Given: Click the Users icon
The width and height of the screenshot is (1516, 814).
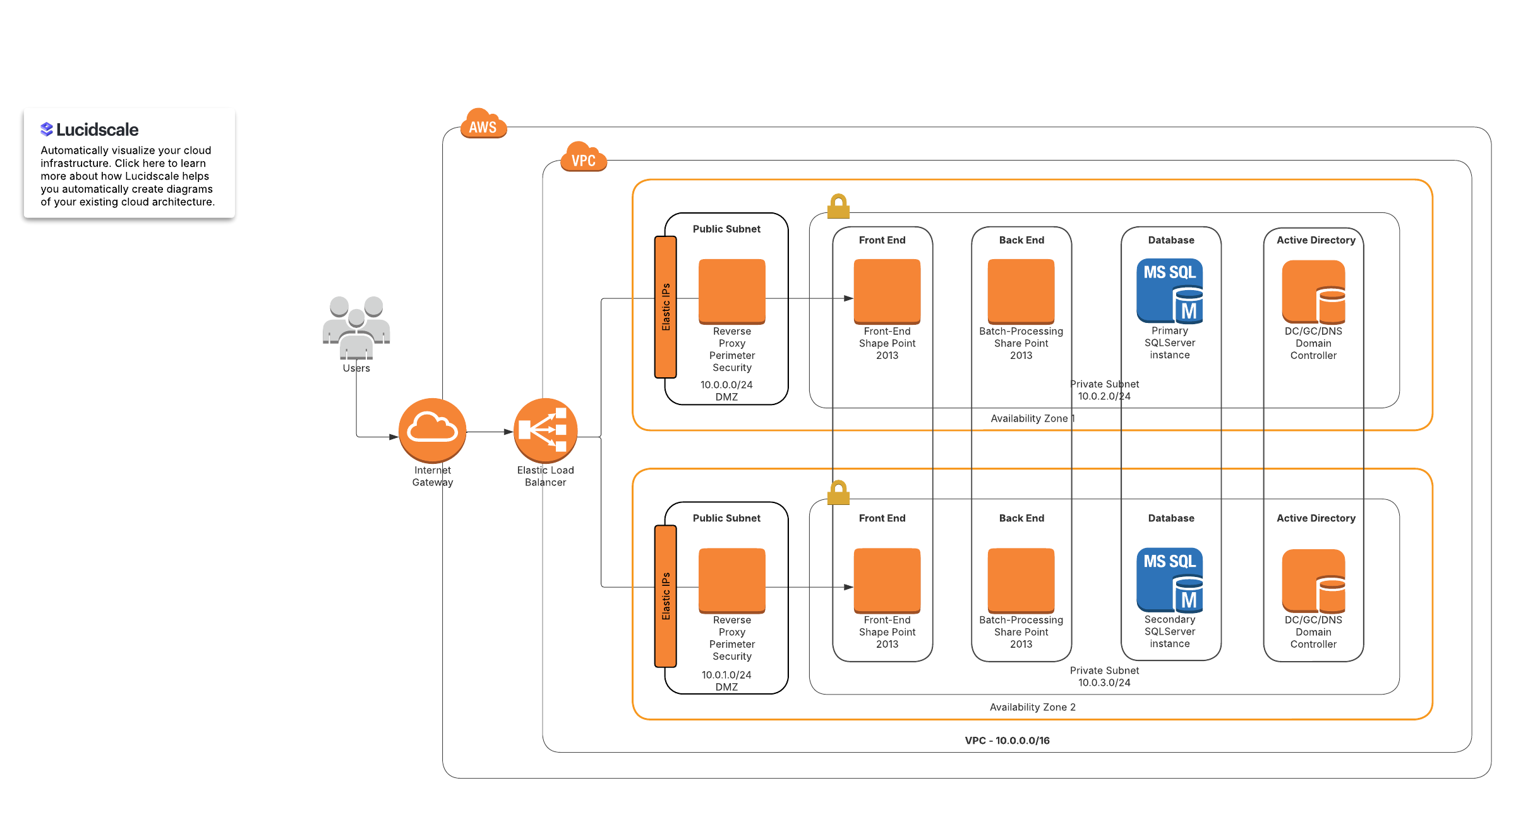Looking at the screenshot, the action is coord(356,327).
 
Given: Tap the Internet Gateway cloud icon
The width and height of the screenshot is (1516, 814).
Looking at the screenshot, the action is coord(433,430).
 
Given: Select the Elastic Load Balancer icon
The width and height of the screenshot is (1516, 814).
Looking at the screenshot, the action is coord(546,430).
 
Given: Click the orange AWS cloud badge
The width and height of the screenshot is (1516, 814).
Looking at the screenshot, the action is coord(483,123).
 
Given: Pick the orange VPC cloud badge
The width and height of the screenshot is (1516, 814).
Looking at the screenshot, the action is coord(584,157).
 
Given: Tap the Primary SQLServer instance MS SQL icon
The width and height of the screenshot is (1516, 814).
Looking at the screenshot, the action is coord(1170,291).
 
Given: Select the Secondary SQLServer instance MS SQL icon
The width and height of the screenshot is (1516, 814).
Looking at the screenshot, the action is coord(1170,580).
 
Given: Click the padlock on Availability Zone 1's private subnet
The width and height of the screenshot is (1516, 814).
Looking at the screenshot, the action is coord(838,206).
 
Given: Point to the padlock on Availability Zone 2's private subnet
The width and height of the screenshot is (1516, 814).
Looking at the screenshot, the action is coord(838,492).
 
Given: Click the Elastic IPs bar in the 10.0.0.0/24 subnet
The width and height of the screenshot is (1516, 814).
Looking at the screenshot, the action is coord(666,307).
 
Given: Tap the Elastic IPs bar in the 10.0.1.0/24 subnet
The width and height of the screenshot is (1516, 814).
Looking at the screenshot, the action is coord(666,596).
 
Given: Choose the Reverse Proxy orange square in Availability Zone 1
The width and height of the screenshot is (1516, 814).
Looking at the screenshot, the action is coord(732,291).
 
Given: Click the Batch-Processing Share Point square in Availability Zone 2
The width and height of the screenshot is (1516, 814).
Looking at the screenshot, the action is coord(1021,581).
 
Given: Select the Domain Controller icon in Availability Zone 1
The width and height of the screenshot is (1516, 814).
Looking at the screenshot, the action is coord(1314,292).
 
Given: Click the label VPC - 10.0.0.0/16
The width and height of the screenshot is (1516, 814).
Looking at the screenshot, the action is coord(1008,741).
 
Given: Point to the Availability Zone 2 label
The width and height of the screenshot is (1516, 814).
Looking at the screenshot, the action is coord(1033,707).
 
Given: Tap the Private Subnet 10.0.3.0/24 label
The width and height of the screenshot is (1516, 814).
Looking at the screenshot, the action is coord(1105,676).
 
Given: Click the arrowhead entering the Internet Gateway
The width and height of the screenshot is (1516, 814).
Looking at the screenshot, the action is coord(394,437).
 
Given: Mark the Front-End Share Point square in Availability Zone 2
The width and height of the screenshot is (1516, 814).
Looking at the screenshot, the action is coord(887,581).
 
